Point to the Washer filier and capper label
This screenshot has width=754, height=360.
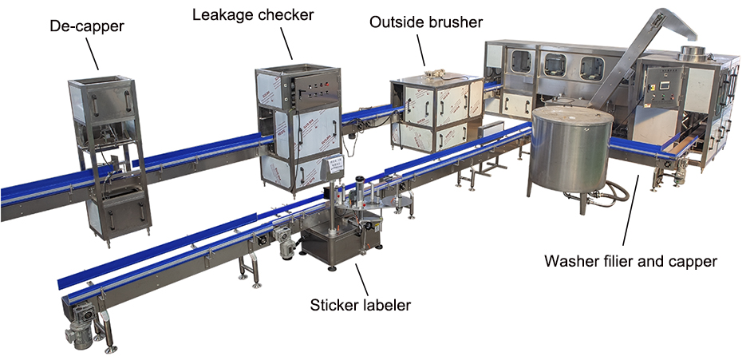click(630, 261)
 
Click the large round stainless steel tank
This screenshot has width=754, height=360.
click(571, 152)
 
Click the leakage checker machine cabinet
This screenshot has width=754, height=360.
click(298, 128)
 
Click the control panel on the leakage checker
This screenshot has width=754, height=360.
click(306, 92)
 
